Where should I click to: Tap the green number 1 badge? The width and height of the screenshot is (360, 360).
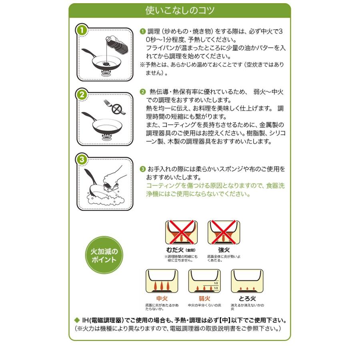(x=81, y=30)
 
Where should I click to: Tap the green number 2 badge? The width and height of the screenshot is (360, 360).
(x=81, y=95)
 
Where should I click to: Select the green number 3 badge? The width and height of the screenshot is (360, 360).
(x=81, y=159)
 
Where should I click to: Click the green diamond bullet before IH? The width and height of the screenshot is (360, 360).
(x=78, y=320)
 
